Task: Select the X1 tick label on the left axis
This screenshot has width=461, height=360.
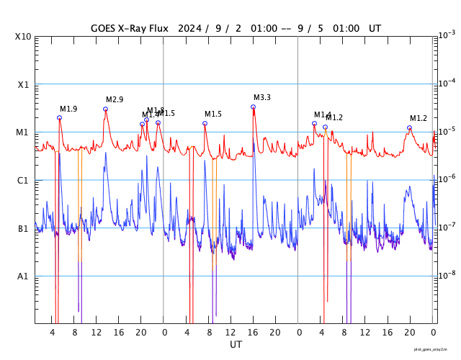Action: tap(23, 84)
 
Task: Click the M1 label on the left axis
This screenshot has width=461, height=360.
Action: tap(23, 132)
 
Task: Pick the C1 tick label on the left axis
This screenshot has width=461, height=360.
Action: tap(23, 181)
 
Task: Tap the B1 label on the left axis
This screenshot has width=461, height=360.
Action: tap(23, 229)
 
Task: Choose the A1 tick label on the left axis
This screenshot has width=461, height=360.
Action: tap(23, 276)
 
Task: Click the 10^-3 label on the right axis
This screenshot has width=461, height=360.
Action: tap(447, 35)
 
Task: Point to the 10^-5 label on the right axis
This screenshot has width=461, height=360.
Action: tap(447, 130)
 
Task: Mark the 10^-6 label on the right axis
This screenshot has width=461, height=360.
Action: tap(447, 179)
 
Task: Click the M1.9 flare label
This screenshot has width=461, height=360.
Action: tap(68, 109)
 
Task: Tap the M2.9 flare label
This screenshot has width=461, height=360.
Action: tap(115, 99)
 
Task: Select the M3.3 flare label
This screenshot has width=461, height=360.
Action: tap(262, 97)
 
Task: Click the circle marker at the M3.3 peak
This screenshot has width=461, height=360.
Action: tap(253, 107)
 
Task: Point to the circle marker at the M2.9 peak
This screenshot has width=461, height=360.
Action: tap(105, 109)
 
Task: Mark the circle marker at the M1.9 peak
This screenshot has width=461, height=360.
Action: tap(59, 117)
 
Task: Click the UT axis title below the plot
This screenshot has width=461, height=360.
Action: tap(236, 345)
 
